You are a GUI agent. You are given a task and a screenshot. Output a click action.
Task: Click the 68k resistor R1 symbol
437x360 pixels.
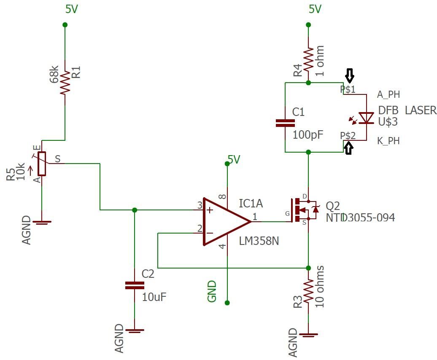(65, 82)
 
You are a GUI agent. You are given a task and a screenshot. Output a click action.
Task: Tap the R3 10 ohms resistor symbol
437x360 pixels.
(308, 290)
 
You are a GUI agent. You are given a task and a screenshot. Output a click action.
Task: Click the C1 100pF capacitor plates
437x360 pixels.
(285, 123)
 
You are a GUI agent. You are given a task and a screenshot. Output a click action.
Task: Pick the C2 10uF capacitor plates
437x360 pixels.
(135, 285)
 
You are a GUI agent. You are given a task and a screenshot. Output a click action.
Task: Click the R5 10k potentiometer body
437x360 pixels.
(41, 164)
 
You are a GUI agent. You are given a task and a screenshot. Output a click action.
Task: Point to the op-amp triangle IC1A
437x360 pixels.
(224, 221)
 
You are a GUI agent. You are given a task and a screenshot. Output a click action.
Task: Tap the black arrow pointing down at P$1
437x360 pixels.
(350, 76)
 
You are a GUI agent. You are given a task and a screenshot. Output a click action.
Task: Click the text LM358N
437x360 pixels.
(259, 241)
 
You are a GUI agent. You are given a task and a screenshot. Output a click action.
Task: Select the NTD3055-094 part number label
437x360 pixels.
(360, 218)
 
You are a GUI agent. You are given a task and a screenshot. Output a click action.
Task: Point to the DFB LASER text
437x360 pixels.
(407, 110)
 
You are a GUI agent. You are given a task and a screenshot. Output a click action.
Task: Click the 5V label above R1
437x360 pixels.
(71, 9)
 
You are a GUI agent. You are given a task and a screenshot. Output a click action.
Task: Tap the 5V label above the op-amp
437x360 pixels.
(234, 159)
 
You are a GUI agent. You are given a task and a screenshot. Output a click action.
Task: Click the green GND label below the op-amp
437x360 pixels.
(212, 291)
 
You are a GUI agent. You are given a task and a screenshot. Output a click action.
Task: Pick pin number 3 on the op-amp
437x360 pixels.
(200, 205)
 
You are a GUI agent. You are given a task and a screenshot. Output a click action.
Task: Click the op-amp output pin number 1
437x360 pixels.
(255, 217)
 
